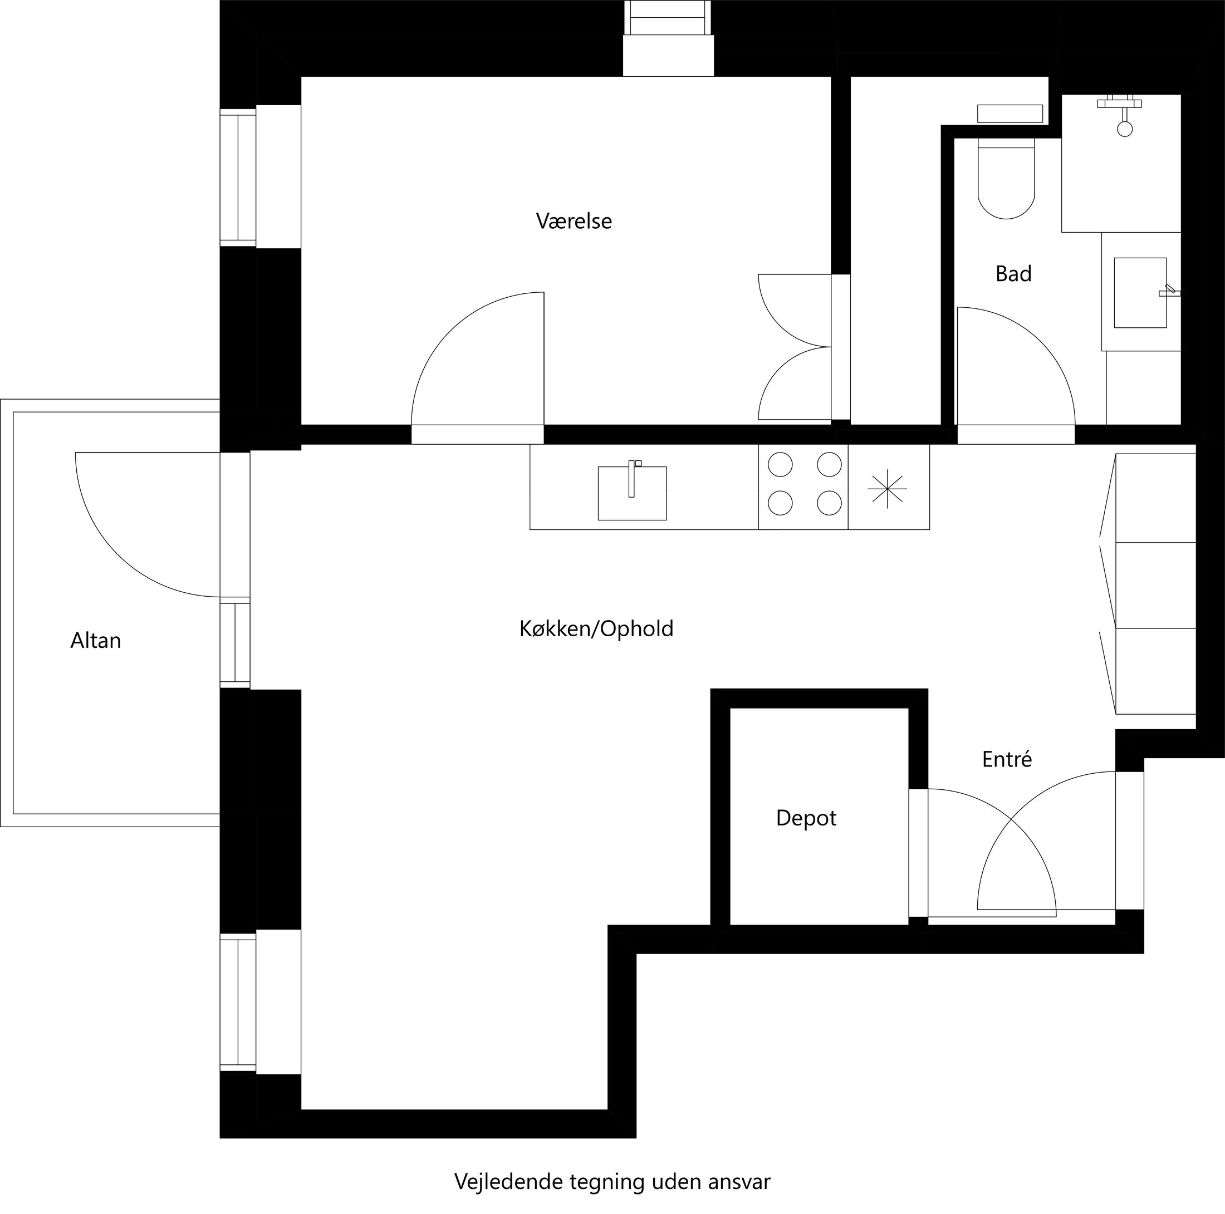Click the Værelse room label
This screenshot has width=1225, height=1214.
click(574, 221)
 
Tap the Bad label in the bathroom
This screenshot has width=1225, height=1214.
click(1013, 274)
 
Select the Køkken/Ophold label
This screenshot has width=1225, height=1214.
click(596, 629)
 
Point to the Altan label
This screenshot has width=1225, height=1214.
click(96, 640)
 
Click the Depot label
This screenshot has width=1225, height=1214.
click(806, 818)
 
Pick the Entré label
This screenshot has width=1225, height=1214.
click(1007, 759)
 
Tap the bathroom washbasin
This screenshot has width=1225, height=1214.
click(1140, 292)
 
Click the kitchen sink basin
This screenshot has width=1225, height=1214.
click(632, 494)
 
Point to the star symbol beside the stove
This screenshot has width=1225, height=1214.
click(887, 488)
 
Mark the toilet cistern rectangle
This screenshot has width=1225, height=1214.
click(1010, 114)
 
